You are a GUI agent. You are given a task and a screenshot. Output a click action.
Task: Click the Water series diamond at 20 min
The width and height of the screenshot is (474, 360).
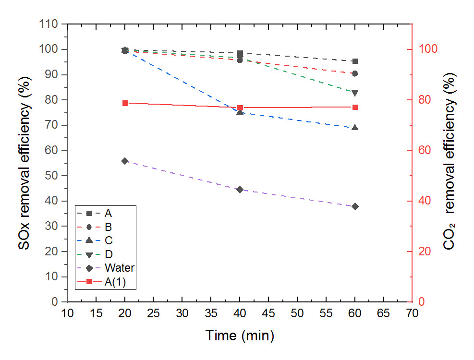tap(125, 161)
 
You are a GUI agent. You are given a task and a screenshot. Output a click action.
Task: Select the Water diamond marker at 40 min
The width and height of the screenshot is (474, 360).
tap(240, 190)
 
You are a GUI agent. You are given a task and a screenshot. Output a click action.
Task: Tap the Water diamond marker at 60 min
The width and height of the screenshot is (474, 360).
tap(355, 206)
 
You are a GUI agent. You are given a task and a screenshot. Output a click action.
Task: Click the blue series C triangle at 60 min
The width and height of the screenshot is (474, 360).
tap(355, 128)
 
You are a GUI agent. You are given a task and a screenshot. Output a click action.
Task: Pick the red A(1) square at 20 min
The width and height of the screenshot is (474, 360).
tap(125, 103)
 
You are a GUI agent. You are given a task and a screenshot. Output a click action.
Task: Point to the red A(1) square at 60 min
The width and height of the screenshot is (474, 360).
tap(355, 107)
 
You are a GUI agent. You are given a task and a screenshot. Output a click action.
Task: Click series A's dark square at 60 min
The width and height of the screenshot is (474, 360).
tap(355, 61)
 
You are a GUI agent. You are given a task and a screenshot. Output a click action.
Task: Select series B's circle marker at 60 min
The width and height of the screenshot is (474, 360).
tap(355, 73)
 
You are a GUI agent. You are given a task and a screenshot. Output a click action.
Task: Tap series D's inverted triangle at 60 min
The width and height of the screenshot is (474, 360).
tap(355, 93)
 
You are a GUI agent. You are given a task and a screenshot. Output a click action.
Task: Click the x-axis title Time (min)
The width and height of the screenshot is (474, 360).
tap(240, 335)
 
